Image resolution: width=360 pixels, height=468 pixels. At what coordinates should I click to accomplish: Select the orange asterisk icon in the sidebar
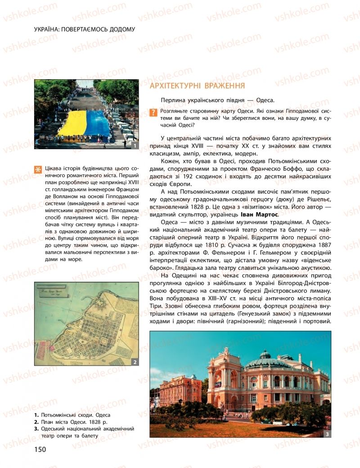click(37, 170)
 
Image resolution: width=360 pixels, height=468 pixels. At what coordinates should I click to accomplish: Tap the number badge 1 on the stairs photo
click(134, 145)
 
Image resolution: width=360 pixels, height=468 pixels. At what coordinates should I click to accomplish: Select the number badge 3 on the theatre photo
click(327, 434)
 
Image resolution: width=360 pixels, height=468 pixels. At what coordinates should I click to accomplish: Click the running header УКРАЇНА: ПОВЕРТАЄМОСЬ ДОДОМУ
click(84, 30)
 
